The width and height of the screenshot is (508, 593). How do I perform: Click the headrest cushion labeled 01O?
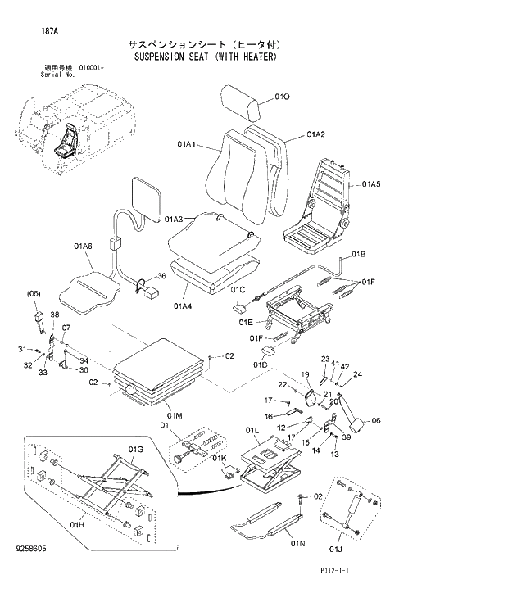[x=243, y=104]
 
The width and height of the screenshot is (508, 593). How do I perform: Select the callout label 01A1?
[x=185, y=145]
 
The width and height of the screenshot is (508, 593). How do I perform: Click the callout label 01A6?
[x=83, y=246]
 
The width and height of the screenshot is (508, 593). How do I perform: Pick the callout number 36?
[x=161, y=276]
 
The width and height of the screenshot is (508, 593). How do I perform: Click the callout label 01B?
[x=359, y=255]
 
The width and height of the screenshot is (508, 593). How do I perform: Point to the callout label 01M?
[x=173, y=416]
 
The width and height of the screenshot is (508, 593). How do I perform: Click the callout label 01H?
[x=78, y=524]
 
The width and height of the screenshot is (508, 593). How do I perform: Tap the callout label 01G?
[x=135, y=450]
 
